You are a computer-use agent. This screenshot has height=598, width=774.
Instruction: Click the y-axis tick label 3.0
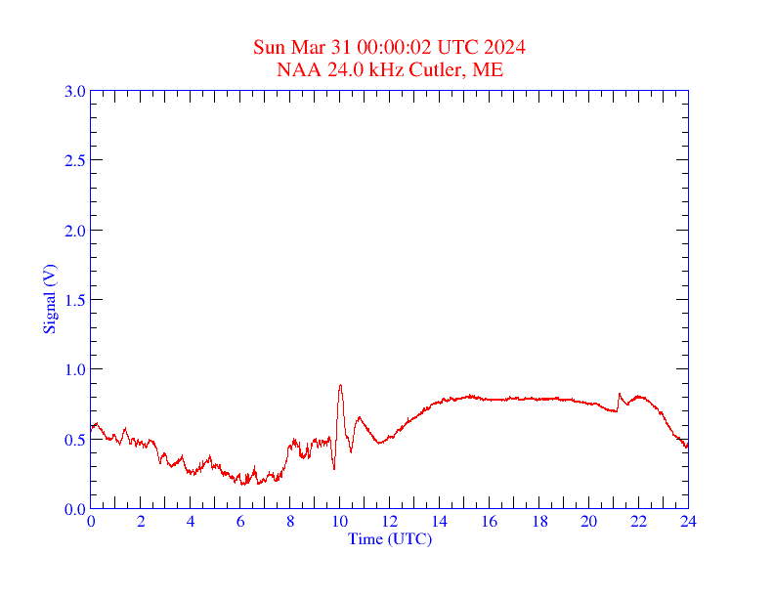pos(75,91)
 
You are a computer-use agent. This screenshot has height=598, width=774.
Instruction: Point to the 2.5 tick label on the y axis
pos(75,160)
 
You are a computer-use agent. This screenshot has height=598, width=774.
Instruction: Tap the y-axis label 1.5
pos(75,300)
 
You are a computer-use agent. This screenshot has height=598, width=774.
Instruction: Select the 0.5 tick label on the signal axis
pos(75,440)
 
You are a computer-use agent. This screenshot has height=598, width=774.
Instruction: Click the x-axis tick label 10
pos(340,522)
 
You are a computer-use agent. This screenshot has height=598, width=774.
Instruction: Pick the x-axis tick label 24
pos(688,522)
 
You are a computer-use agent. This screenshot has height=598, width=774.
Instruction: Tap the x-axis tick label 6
pos(240,522)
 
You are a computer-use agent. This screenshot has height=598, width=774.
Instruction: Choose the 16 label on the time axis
pos(490,522)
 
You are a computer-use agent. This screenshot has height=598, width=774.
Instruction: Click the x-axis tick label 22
pos(638,522)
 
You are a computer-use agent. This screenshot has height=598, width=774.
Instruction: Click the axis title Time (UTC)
pos(390,538)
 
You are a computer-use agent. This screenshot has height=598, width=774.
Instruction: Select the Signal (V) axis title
pos(50,299)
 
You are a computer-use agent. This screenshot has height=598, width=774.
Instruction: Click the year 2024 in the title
pos(506,48)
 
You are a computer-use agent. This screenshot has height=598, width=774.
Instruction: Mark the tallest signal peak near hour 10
pos(340,385)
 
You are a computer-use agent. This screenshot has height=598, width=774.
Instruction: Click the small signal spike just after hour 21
pos(620,394)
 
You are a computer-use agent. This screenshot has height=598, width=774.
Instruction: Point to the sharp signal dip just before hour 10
pos(334,468)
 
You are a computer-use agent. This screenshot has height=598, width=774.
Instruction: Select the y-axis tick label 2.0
pos(75,231)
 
